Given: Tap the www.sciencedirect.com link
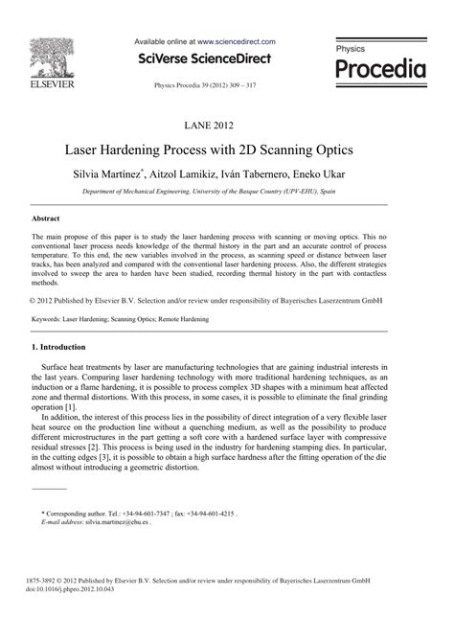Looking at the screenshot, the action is pyautogui.click(x=237, y=42).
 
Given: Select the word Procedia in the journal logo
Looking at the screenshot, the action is pyautogui.click(x=380, y=71).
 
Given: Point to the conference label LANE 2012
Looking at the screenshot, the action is pyautogui.click(x=227, y=125).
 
